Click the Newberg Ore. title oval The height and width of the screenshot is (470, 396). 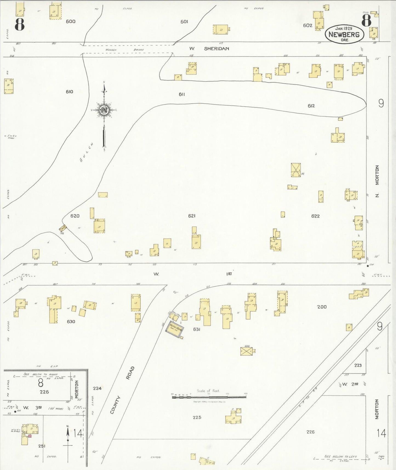click(x=344, y=34)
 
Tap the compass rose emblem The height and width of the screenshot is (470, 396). click(x=104, y=110)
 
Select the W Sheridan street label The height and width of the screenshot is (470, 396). click(x=209, y=49)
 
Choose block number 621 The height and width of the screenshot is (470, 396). click(x=192, y=216)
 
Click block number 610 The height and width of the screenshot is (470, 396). click(x=69, y=92)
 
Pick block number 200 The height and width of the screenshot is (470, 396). click(x=322, y=307)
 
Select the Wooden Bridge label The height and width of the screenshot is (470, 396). click(x=124, y=50)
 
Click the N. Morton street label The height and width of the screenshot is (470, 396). click(x=377, y=181)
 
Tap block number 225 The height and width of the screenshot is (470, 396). click(x=197, y=417)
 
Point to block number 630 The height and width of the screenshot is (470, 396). click(x=71, y=321)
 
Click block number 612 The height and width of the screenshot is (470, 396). click(x=311, y=106)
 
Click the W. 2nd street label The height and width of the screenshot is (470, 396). click(x=351, y=384)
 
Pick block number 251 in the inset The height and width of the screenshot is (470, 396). click(x=42, y=446)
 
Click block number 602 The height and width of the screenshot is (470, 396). click(x=307, y=25)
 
